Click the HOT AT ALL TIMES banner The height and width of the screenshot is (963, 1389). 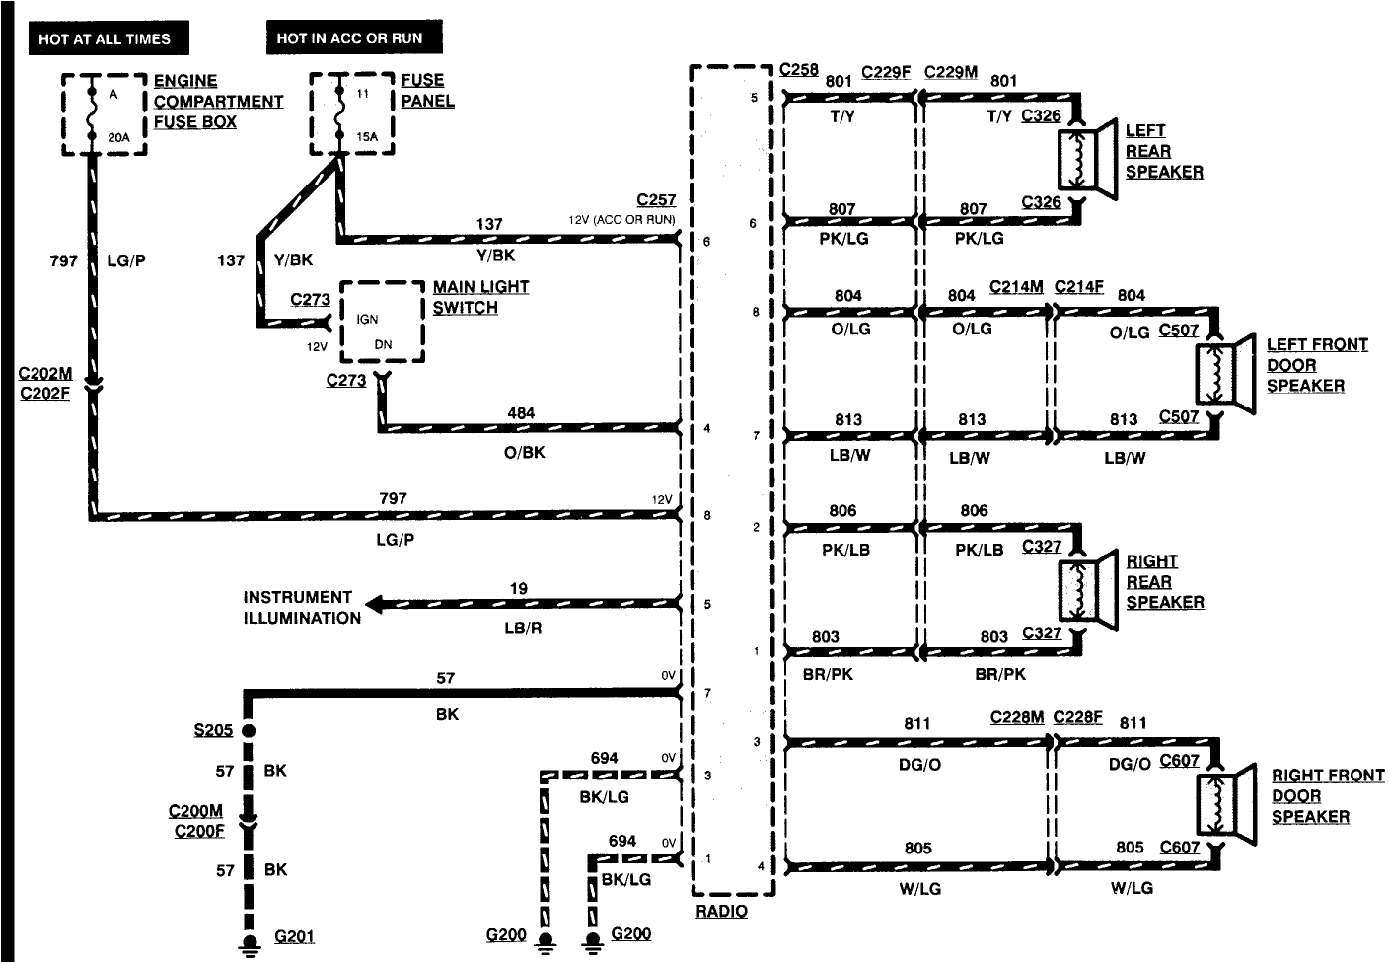(105, 38)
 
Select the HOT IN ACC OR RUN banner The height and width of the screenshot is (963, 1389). (350, 38)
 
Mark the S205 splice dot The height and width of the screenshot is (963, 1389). (249, 731)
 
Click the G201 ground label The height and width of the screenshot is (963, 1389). (294, 936)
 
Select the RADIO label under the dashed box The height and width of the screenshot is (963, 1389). (721, 912)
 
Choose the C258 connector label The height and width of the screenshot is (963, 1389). (798, 69)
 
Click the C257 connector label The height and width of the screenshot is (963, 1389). (656, 199)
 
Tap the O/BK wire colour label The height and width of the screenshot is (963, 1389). (524, 453)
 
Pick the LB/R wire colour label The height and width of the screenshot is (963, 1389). (523, 628)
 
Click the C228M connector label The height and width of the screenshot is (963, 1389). (1016, 717)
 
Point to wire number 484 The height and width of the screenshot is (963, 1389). (521, 413)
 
